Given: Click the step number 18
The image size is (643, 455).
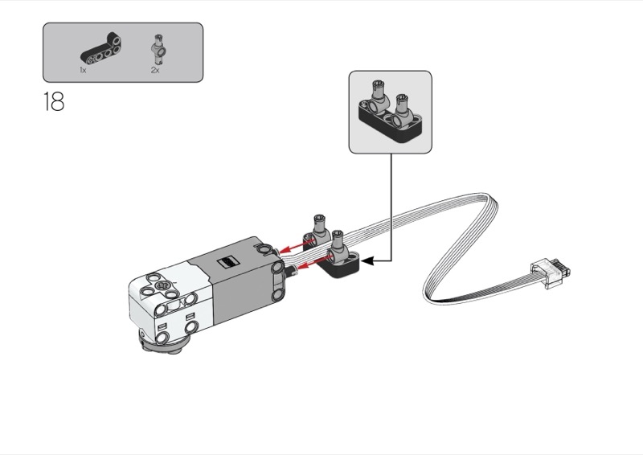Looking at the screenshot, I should pos(53,103).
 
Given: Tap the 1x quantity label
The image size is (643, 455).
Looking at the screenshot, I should pos(83,71).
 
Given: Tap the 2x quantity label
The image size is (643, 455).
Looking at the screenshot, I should pos(154,71).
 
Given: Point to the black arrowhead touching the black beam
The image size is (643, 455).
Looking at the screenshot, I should pos(367,260).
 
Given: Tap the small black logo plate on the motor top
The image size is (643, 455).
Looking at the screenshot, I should pos(229,261).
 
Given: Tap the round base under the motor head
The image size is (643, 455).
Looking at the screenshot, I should pos(165,346).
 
